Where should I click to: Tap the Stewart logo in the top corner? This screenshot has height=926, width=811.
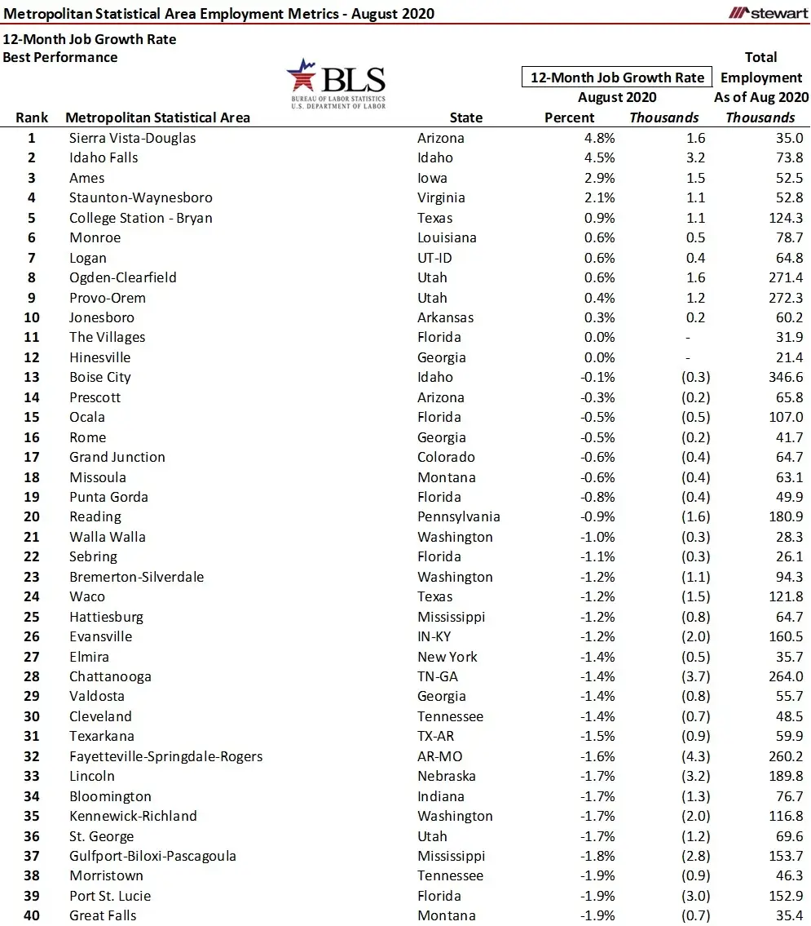point(769,12)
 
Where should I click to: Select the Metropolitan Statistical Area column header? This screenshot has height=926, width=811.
point(157,117)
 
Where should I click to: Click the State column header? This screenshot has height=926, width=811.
point(465,117)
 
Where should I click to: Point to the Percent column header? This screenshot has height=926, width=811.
point(569,117)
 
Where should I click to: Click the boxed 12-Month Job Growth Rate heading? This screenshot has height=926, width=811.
point(617,78)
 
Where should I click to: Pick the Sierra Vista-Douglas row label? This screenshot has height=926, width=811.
point(132,138)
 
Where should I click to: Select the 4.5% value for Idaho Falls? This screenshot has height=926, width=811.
point(599,157)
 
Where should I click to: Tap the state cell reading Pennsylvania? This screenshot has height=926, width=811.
point(459,516)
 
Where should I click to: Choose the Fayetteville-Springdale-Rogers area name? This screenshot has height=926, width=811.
point(165,756)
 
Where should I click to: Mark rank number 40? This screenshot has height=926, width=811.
point(33,915)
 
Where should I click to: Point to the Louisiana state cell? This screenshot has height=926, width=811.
point(446,237)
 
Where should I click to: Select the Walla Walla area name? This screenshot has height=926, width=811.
point(108,537)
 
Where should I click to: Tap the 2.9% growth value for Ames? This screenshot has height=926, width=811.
point(599,178)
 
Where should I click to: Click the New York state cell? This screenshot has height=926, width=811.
point(447,657)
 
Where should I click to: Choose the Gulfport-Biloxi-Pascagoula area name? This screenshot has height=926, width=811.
point(152,856)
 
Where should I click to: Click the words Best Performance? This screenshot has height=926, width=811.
point(60,57)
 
